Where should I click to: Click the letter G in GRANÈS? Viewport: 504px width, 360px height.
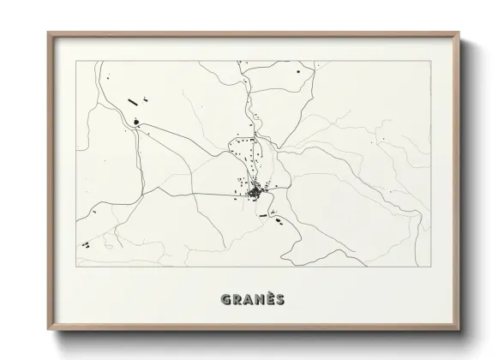tap(226, 299)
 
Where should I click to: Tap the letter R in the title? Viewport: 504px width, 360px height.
tap(237, 299)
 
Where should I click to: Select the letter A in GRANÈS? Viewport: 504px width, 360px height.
tap(249, 299)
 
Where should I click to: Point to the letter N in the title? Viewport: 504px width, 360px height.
tap(260, 299)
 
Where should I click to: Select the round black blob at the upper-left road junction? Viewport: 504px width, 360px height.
tap(137, 123)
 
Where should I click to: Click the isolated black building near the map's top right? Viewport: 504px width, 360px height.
tap(299, 75)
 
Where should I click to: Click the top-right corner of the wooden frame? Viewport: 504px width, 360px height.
tap(459, 33)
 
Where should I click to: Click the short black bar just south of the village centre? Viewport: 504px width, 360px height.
tap(262, 214)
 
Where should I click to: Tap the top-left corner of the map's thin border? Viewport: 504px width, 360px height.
tap(76, 61)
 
